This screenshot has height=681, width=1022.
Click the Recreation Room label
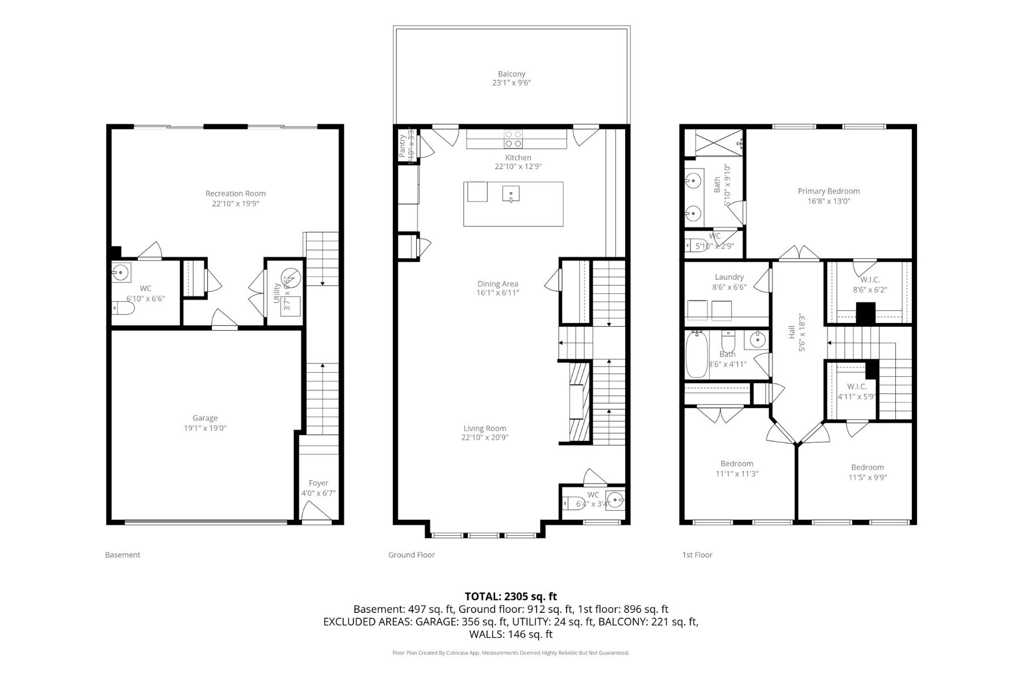[235, 194]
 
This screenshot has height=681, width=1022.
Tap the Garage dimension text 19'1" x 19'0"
[205, 428]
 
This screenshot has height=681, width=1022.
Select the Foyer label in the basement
[319, 483]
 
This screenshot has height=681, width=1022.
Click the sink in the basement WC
[121, 272]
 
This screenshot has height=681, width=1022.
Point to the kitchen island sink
[510, 194]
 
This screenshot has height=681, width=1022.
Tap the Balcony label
[512, 74]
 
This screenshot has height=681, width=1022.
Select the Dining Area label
[497, 284]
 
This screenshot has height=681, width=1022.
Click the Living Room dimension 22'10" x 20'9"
[484, 438]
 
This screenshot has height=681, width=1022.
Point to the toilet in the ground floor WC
[571, 504]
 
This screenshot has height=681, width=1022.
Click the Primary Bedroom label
[828, 191]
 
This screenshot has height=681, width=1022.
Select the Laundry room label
[729, 277]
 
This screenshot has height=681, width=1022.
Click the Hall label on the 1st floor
[791, 335]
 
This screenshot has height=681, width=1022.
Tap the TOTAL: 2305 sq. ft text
[510, 596]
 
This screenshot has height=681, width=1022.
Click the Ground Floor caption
[411, 555]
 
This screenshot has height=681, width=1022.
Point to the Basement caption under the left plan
[123, 555]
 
